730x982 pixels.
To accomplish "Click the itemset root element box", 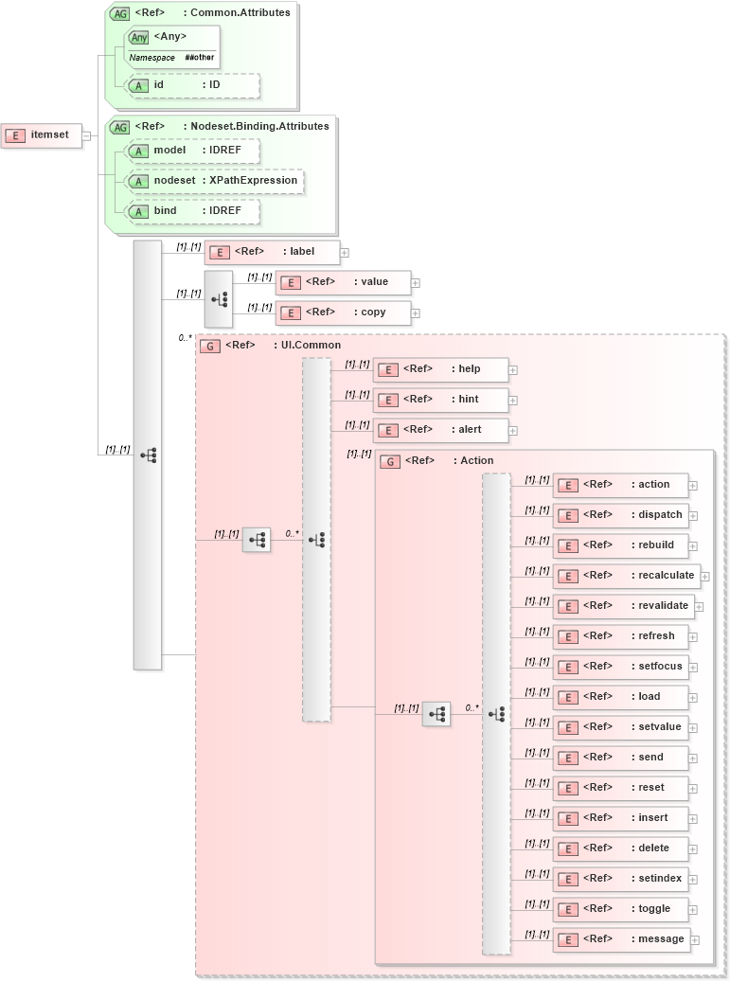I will [x=41, y=135].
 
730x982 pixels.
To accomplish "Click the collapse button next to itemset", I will [x=86, y=135].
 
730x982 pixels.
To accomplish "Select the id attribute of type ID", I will [x=192, y=85].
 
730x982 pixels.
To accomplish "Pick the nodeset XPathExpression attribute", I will [x=215, y=181].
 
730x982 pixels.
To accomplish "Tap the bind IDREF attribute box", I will [x=192, y=211].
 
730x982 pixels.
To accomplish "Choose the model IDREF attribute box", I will [x=192, y=151].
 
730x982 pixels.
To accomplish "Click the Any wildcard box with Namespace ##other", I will [x=171, y=46].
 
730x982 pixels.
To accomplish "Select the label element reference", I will [x=273, y=252].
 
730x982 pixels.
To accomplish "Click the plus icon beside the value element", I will [x=416, y=282].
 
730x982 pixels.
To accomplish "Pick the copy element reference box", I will [x=344, y=312].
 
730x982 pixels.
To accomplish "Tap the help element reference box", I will [x=441, y=369].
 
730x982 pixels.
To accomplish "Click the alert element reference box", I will [x=441, y=430].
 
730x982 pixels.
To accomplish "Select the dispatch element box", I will [x=620, y=515].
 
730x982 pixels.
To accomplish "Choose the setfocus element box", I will [x=620, y=667].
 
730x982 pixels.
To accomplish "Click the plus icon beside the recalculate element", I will [x=704, y=576].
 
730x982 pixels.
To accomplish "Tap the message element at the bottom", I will [x=620, y=939].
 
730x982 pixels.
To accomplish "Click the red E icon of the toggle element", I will [x=567, y=909].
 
